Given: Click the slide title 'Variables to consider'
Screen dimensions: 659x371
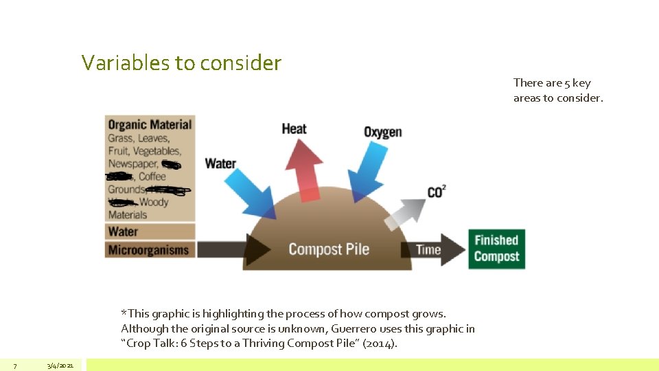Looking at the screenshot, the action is pos(181,63).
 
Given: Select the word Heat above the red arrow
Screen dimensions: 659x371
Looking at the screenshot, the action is pos(294,128).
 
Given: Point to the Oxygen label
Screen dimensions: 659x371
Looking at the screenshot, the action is pos(382,131).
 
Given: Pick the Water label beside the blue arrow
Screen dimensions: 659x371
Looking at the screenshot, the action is pos(220,164).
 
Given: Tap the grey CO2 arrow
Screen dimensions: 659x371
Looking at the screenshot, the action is pos(405,213).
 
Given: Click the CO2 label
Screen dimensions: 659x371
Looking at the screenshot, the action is pos(436,191).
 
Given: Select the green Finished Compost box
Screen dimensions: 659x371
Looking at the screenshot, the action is pos(496,248).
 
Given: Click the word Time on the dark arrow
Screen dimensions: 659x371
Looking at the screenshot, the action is pos(428,249).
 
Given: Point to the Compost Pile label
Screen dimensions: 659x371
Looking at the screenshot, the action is pos(329,249).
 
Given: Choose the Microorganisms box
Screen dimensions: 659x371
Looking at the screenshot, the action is pos(149,249).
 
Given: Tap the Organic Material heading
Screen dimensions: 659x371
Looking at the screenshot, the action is pos(150,124).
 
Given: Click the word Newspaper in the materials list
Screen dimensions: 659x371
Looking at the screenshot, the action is pos(133,164).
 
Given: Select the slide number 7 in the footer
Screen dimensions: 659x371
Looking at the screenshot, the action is pos(15,365).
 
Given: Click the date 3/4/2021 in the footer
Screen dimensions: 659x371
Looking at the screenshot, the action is pos(60,365).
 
